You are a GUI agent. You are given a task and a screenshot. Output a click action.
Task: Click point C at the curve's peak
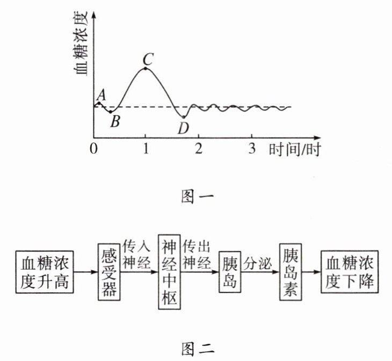146,68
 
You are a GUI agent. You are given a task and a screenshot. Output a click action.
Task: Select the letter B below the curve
115,122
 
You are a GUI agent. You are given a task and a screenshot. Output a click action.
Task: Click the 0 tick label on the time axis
95,149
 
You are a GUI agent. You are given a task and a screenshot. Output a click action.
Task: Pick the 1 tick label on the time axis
146,149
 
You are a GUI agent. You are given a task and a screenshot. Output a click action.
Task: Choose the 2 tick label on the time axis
199,149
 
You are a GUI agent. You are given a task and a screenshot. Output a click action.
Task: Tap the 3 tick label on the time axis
252,149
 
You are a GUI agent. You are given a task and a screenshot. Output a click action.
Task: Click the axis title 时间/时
294,149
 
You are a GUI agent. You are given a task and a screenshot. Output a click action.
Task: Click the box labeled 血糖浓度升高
46,272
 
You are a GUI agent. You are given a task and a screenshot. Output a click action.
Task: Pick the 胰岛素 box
291,271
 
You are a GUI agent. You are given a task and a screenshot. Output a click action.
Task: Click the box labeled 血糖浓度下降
350,272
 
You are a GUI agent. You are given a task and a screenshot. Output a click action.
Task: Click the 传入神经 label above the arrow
139,254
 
